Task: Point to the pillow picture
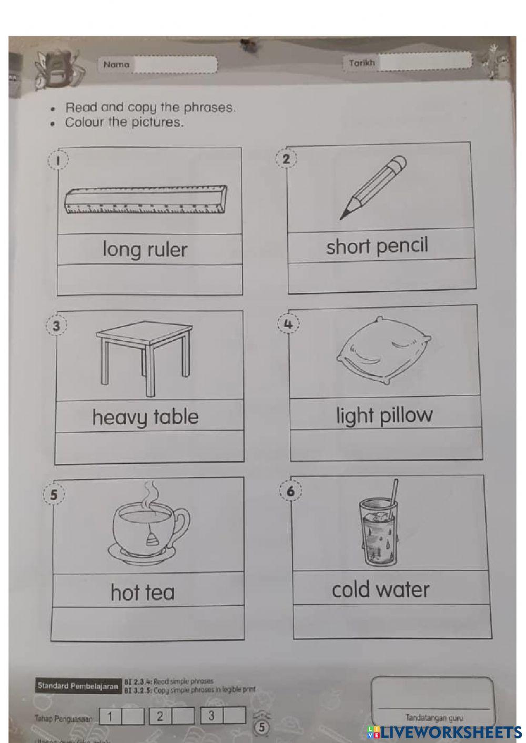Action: click(385, 349)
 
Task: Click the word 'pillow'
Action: click(407, 415)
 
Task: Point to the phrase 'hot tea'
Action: click(143, 593)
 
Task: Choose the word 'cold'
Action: click(352, 590)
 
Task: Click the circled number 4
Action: click(288, 324)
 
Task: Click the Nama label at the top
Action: click(116, 65)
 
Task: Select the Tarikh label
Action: click(362, 63)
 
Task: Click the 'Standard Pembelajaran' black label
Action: click(77, 686)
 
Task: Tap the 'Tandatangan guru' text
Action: click(434, 717)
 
